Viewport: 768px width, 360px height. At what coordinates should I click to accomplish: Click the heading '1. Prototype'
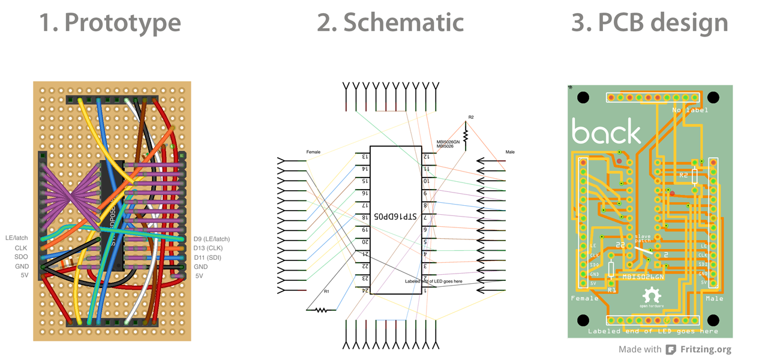[x=110, y=23]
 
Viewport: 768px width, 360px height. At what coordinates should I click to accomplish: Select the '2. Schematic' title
[x=390, y=23]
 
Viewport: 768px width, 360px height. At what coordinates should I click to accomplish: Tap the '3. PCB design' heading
[x=650, y=23]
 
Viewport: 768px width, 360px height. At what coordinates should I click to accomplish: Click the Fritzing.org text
[x=706, y=349]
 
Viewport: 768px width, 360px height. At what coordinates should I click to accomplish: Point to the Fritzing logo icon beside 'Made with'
[x=671, y=349]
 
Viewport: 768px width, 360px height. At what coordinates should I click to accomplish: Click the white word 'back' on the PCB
[x=606, y=131]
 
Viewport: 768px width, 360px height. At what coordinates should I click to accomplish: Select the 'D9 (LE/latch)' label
[x=211, y=239]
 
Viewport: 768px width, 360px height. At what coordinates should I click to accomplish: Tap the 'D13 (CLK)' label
[x=208, y=248]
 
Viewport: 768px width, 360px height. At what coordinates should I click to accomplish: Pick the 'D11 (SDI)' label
[x=208, y=257]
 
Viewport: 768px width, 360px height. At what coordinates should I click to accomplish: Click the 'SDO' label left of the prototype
[x=21, y=257]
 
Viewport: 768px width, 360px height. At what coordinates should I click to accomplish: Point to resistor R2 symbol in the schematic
[x=465, y=136]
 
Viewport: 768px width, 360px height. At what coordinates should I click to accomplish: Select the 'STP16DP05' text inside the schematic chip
[x=396, y=216]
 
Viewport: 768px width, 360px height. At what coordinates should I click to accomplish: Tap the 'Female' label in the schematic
[x=313, y=152]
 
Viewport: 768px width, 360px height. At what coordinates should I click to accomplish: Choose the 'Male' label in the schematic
[x=509, y=152]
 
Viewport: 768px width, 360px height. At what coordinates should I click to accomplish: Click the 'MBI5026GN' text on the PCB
[x=643, y=277]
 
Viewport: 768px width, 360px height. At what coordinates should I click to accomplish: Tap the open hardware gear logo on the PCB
[x=651, y=296]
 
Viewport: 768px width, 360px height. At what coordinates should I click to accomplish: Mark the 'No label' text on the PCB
[x=690, y=110]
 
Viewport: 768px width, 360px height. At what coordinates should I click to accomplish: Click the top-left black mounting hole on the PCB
[x=583, y=97]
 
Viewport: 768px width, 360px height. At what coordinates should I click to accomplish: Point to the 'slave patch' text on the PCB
[x=643, y=239]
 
